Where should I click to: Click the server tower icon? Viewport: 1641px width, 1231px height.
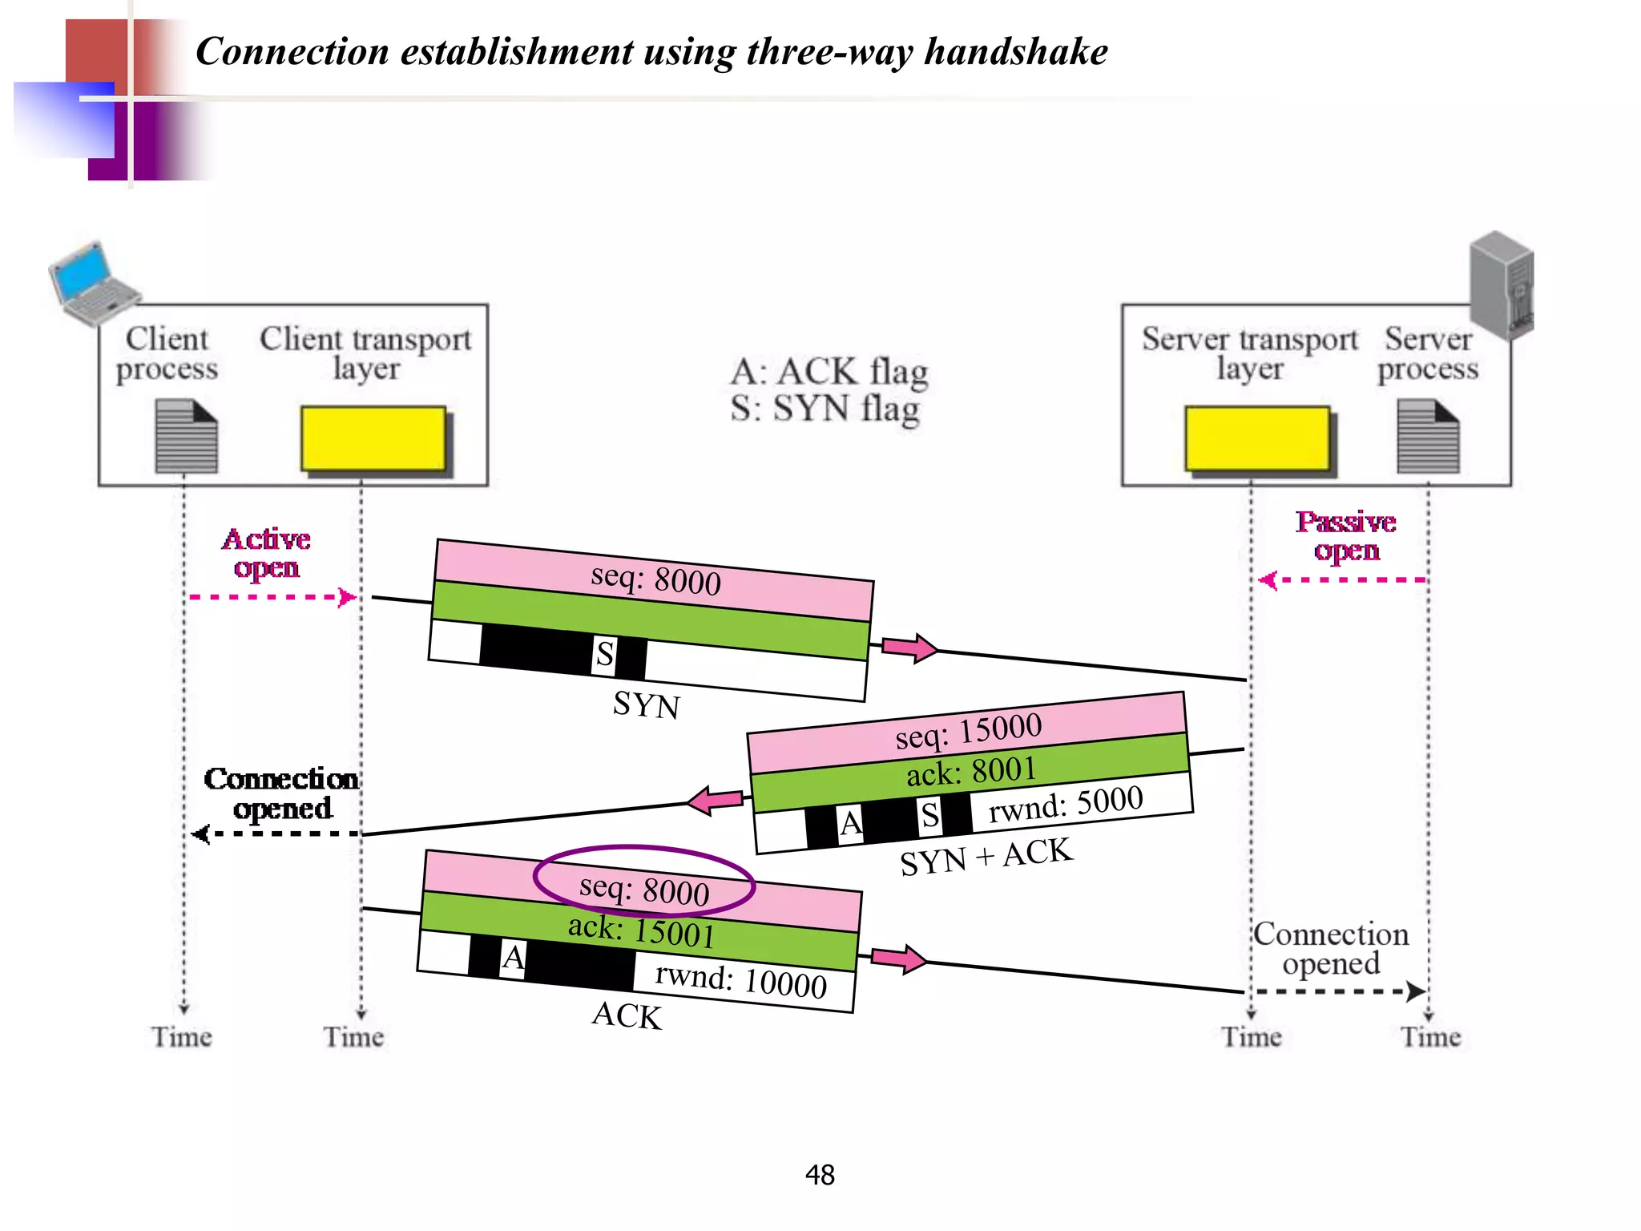[1502, 285]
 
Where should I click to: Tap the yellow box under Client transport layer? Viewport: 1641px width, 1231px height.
[373, 438]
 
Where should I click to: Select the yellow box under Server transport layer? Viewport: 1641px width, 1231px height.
[1256, 438]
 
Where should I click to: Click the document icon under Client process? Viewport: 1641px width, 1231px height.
[186, 437]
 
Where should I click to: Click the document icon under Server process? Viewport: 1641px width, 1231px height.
[1428, 437]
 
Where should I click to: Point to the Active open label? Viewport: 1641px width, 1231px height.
[266, 553]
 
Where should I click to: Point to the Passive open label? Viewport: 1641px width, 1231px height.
[1346, 535]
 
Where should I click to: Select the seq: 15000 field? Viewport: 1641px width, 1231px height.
[968, 731]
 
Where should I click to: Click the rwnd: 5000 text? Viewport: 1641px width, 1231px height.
[1066, 805]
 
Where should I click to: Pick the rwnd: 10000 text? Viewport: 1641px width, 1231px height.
[740, 980]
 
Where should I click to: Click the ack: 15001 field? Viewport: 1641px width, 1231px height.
[641, 931]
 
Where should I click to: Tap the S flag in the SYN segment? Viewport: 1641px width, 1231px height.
[605, 655]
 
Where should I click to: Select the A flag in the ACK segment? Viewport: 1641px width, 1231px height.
[513, 958]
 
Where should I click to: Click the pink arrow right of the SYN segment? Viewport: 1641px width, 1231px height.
[909, 648]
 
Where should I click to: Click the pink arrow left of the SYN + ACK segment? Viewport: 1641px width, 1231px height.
[715, 800]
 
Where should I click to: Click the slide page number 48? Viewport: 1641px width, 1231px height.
[820, 1175]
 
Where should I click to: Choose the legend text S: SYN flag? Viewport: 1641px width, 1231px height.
[825, 410]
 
